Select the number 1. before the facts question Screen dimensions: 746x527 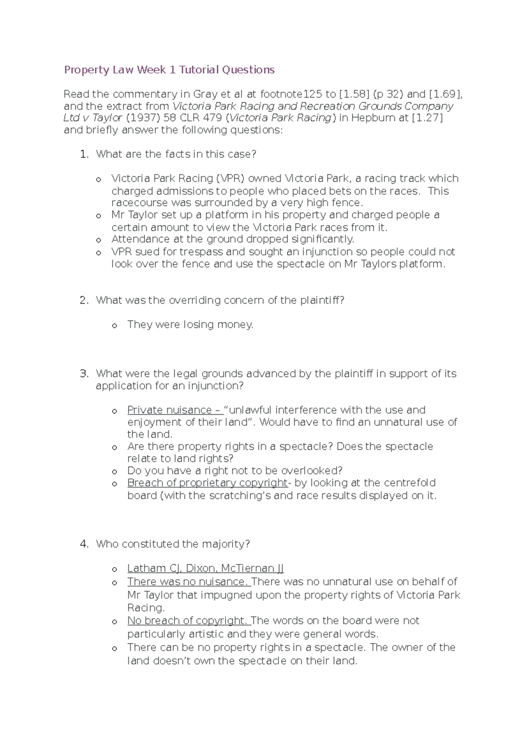[x=84, y=154]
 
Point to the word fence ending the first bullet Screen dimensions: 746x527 [x=348, y=203]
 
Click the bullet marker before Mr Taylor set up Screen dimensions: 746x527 [x=99, y=216]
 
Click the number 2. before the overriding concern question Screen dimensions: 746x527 [x=84, y=301]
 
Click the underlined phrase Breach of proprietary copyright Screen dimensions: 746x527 [x=207, y=483]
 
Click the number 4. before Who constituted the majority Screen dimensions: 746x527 [x=84, y=544]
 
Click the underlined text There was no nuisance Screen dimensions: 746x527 [x=188, y=582]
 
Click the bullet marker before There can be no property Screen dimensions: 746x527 [x=114, y=648]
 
